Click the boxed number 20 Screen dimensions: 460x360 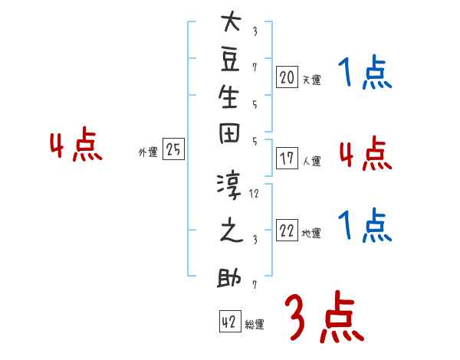coord(287,77)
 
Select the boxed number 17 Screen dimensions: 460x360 coord(287,159)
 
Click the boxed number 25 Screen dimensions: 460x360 coord(173,150)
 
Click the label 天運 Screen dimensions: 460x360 coord(311,80)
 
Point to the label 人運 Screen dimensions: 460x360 coord(311,162)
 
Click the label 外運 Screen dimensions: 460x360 coord(148,152)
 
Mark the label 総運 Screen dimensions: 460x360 coord(255,324)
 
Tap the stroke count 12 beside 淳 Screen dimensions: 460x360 coord(255,194)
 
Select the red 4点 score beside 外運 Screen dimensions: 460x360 coord(76,147)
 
